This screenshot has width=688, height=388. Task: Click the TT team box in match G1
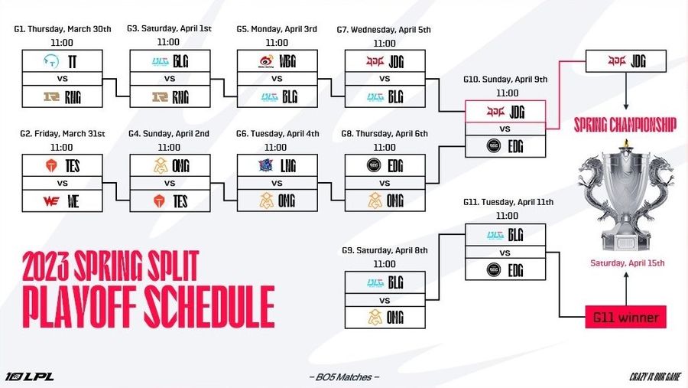pyautogui.click(x=63, y=61)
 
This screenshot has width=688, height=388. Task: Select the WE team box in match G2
pyautogui.click(x=63, y=201)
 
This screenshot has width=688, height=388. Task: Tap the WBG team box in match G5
pyautogui.click(x=277, y=61)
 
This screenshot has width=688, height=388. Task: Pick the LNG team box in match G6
pyautogui.click(x=277, y=165)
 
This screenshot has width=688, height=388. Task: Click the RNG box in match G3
pyautogui.click(x=170, y=96)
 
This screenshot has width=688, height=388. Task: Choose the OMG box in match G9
pyautogui.click(x=385, y=318)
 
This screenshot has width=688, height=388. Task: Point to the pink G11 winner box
pyautogui.click(x=625, y=318)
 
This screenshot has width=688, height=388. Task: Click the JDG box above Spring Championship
pyautogui.click(x=626, y=61)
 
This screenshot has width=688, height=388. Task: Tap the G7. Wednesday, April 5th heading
pyautogui.click(x=384, y=30)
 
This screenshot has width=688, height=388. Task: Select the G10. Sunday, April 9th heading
pyautogui.click(x=505, y=80)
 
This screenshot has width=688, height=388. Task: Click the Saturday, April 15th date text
pyautogui.click(x=628, y=263)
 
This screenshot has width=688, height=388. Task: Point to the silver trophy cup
pyautogui.click(x=626, y=196)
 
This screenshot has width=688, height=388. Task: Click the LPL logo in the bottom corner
pyautogui.click(x=29, y=377)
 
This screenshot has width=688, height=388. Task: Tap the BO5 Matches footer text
pyautogui.click(x=344, y=377)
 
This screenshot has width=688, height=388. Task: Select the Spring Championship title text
pyautogui.click(x=625, y=125)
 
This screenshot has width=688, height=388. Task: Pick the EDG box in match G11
pyautogui.click(x=505, y=269)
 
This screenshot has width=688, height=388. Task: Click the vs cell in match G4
pyautogui.click(x=170, y=183)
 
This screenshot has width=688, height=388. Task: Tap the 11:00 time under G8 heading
pyautogui.click(x=385, y=148)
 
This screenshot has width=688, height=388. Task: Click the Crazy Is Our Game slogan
pyautogui.click(x=655, y=377)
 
